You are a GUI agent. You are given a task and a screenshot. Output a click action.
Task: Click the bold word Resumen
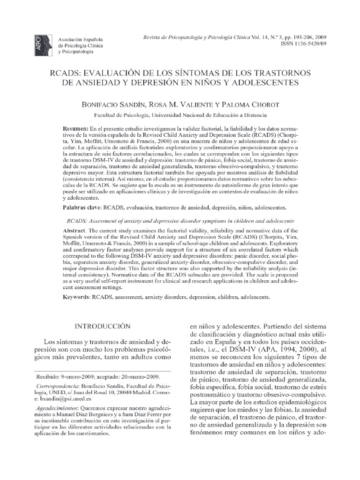coord(75,128)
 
